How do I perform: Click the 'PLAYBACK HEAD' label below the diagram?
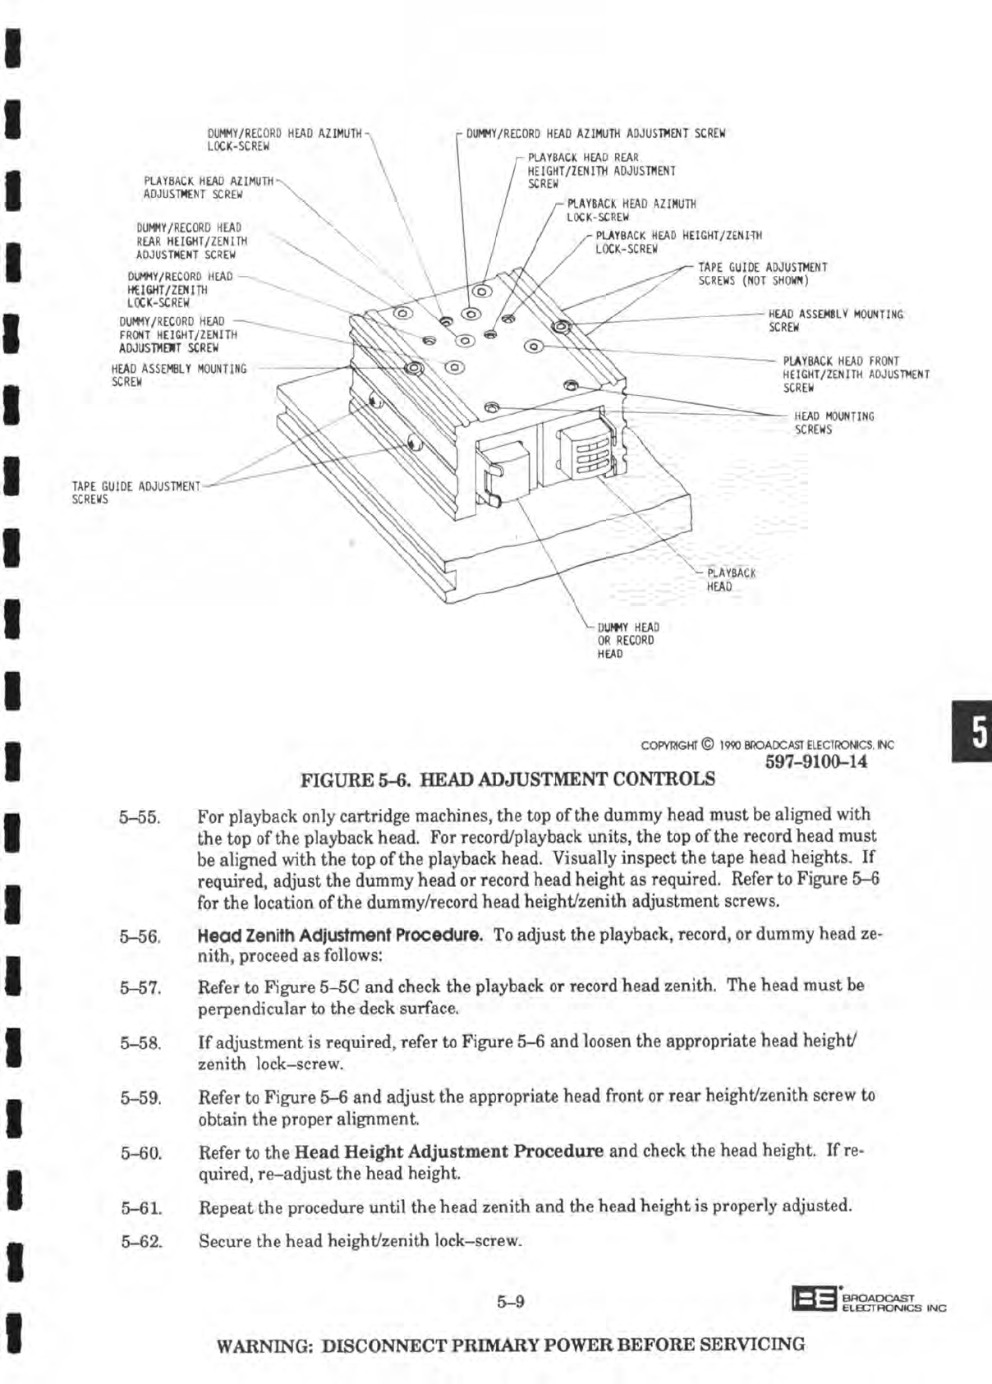point(730,580)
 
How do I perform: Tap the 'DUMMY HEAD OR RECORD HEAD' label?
point(627,641)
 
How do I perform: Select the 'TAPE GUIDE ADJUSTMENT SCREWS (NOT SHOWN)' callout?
point(762,274)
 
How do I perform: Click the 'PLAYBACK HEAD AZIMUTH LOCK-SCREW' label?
point(631,210)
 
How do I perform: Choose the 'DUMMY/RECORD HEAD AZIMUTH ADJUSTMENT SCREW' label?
point(595,133)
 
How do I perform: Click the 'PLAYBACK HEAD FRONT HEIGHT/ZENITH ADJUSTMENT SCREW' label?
point(856,374)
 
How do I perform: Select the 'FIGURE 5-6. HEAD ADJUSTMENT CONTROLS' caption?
point(508,778)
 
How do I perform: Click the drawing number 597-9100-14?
point(815,761)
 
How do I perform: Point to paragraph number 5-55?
point(139,817)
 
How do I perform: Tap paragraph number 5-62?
point(140,1241)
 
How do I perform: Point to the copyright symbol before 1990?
point(710,746)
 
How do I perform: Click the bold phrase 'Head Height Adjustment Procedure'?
point(448,1151)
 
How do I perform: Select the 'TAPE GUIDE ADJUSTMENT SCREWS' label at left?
point(135,492)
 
